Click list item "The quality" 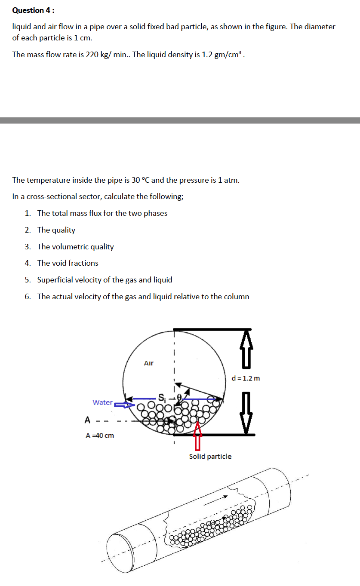56,230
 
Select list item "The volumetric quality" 75,247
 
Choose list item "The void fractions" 68,263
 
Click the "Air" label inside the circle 148,363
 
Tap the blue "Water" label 102,402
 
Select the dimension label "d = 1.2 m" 246,378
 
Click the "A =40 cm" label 100,436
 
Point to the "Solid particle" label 210,456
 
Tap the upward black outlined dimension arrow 246,348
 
